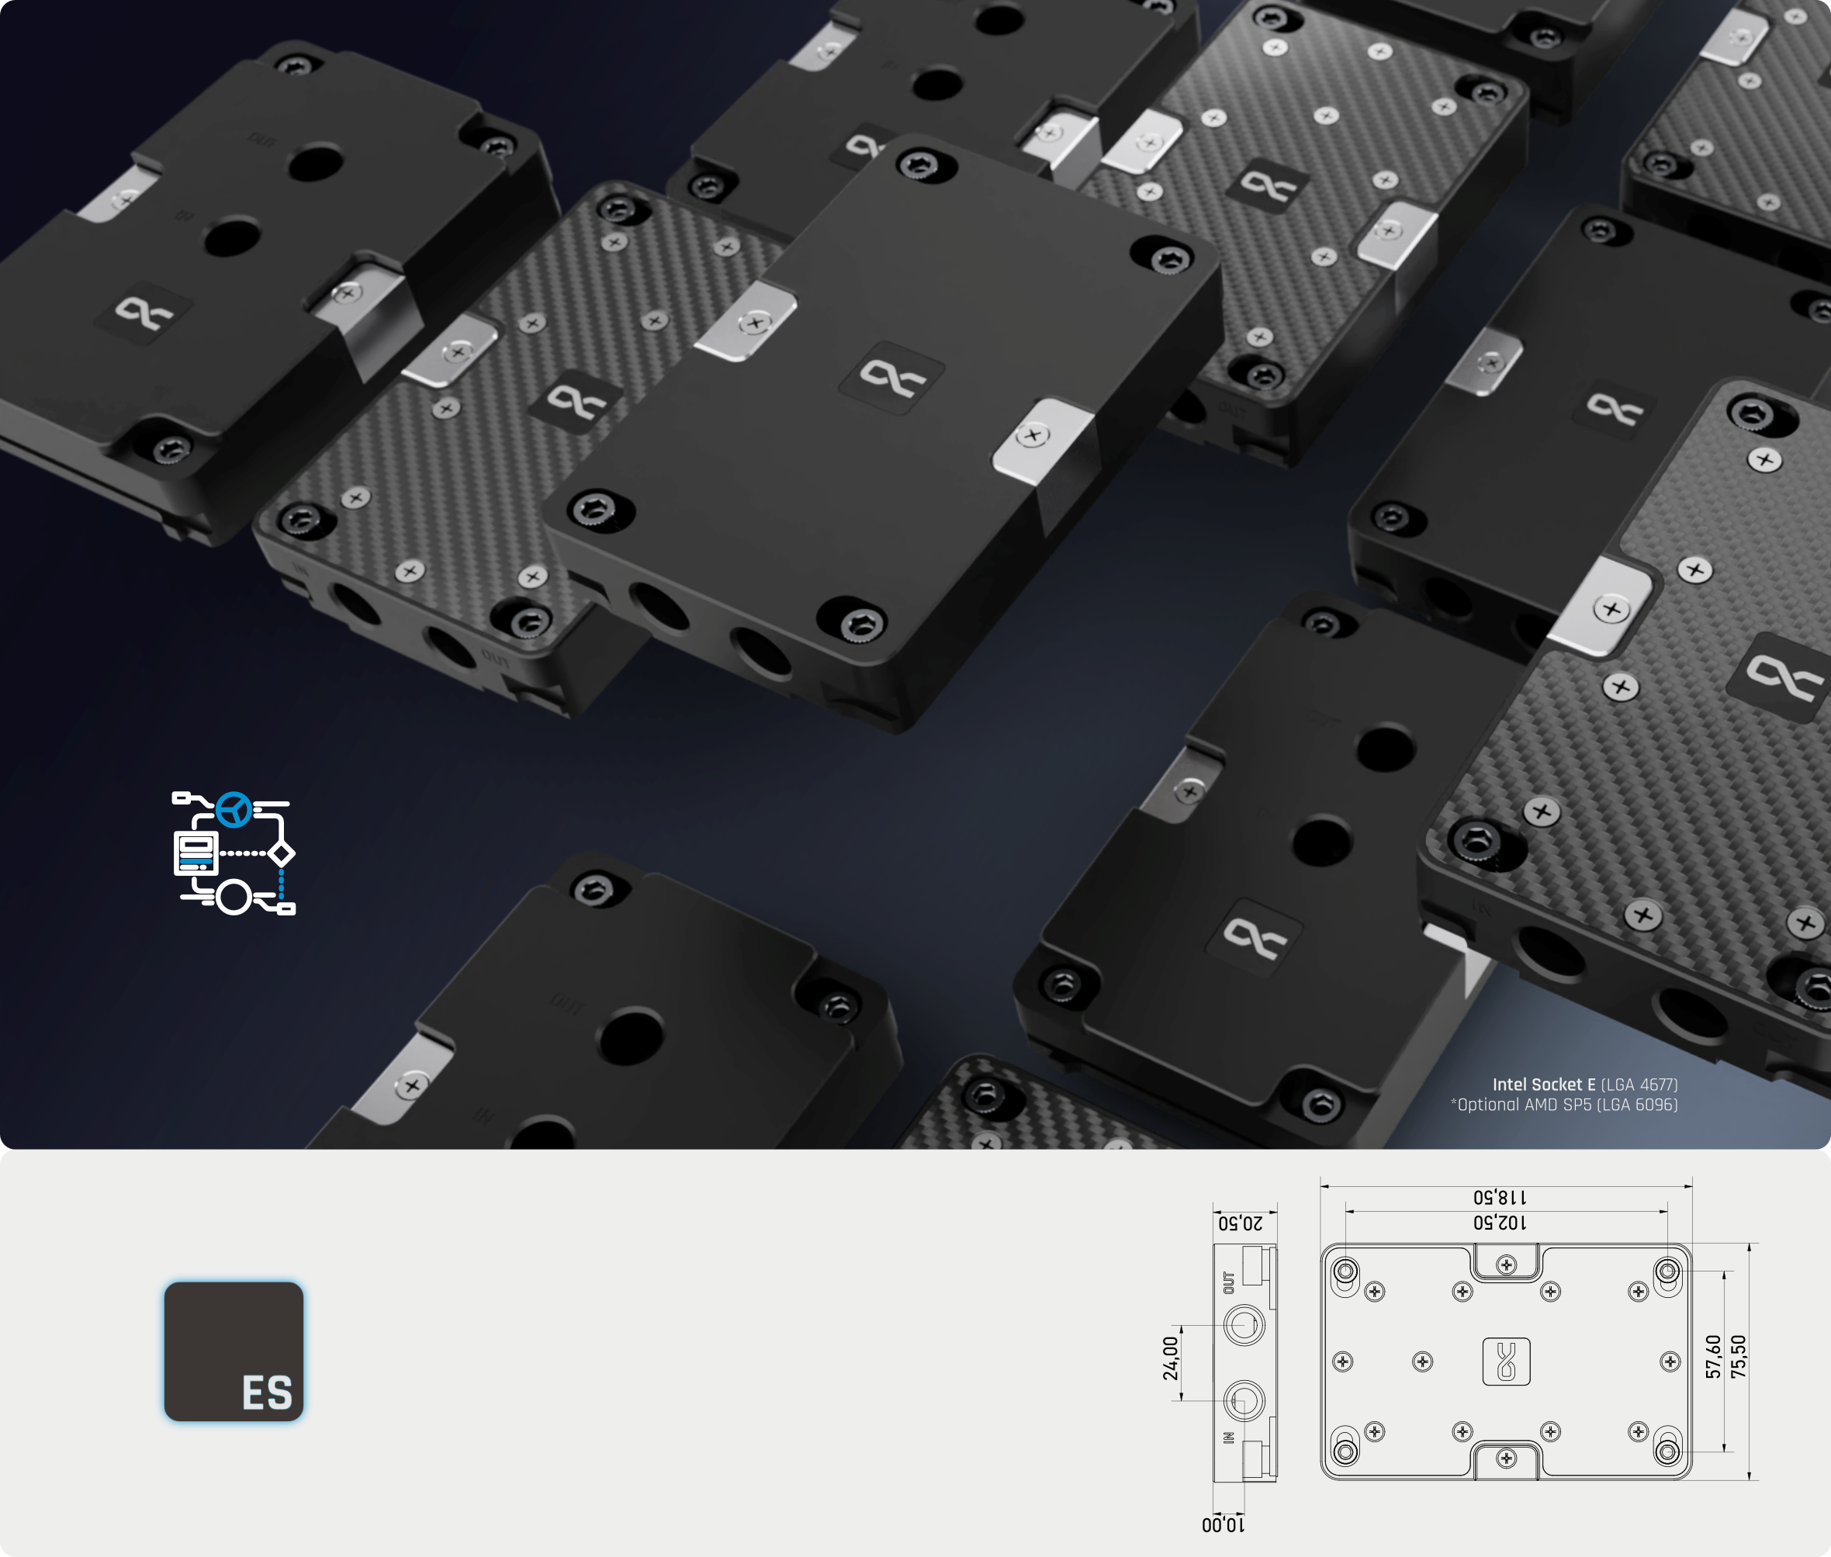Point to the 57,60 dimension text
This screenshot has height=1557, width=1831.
tap(1714, 1357)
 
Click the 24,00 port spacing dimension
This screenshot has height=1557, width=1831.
tap(1171, 1358)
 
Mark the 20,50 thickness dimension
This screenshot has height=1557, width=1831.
tap(1241, 1223)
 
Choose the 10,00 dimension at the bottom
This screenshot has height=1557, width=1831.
tap(1224, 1525)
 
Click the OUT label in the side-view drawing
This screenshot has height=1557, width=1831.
tap(1229, 1282)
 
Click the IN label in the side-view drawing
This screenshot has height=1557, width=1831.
tap(1229, 1438)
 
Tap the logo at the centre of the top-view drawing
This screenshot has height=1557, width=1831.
tap(1506, 1361)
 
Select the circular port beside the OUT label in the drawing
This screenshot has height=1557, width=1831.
tap(1244, 1325)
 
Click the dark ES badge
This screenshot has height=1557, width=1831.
tap(234, 1351)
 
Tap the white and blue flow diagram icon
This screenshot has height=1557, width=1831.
tap(234, 853)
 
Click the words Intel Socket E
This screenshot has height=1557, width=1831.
tap(1544, 1085)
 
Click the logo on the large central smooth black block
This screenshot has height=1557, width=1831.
tap(891, 377)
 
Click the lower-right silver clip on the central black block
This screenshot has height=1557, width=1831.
tap(1033, 438)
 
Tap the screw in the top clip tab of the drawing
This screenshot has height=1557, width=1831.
tap(1506, 1265)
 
